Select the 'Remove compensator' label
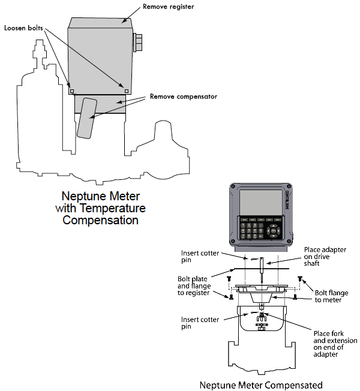tap(184, 96)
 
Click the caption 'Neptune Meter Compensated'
tap(261, 384)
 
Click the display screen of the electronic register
tap(260, 202)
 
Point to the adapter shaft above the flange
tap(263, 270)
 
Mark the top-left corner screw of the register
tap(233, 187)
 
